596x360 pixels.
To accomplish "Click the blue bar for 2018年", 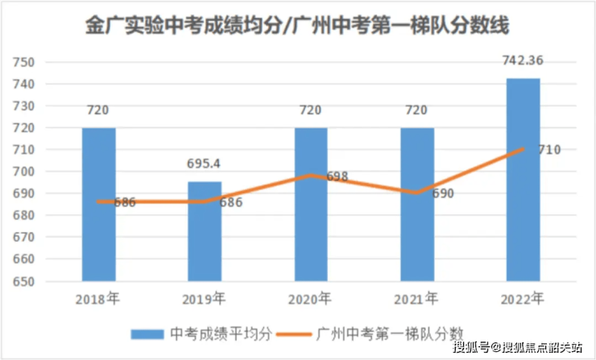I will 98,205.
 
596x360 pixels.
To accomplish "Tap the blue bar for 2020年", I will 311,205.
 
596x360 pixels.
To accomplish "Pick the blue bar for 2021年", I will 417,205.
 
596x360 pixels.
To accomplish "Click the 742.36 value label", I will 524,60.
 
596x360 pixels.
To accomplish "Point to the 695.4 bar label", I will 205,163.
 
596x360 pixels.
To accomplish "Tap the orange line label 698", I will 337,176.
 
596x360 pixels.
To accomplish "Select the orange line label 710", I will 549,150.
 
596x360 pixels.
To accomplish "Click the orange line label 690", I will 443,194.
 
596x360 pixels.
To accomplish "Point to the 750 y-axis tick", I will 25,62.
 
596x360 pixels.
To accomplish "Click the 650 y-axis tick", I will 25,282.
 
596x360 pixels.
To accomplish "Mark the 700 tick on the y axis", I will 25,172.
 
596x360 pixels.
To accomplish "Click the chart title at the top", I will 298,26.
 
